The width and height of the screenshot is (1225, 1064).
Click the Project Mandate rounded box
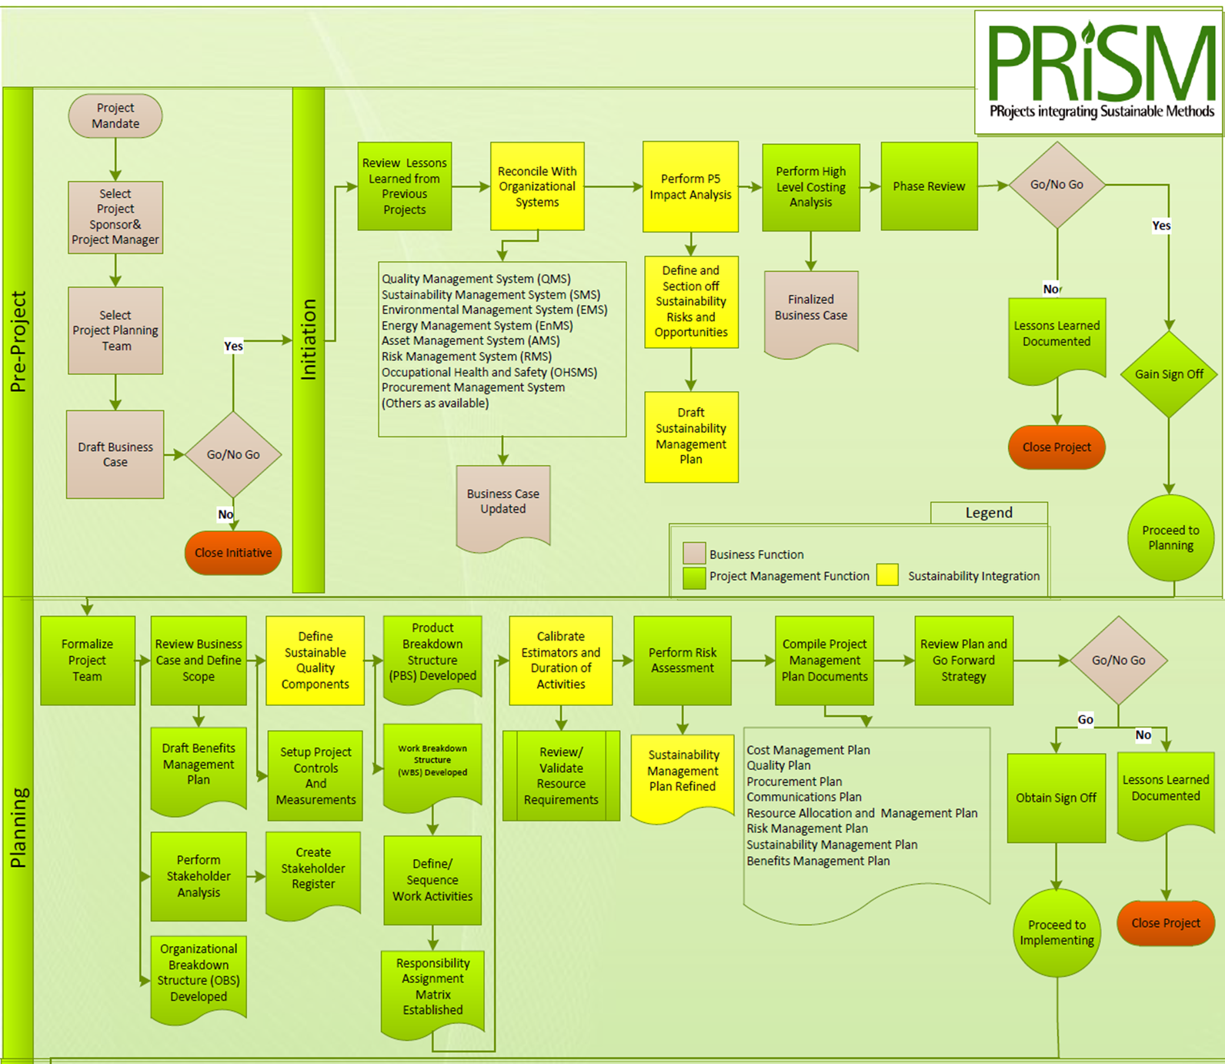(x=115, y=116)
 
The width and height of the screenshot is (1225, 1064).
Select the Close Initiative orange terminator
(x=233, y=553)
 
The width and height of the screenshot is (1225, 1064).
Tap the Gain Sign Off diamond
(x=1169, y=374)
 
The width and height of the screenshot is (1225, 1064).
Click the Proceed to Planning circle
(x=1170, y=537)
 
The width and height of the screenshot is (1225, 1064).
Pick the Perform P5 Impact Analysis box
(x=690, y=187)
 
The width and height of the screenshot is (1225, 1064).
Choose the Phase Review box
(x=929, y=186)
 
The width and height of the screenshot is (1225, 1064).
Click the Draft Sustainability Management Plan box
(x=691, y=437)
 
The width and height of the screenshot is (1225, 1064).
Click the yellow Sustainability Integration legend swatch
(x=887, y=575)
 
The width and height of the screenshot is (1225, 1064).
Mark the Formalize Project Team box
(x=88, y=661)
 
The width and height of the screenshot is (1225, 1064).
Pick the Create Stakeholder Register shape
(x=313, y=870)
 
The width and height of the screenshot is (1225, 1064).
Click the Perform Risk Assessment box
(x=683, y=661)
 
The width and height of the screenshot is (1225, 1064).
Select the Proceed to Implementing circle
(x=1056, y=933)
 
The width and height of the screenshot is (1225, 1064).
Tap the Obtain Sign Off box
(x=1056, y=798)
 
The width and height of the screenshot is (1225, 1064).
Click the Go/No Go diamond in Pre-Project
(x=233, y=455)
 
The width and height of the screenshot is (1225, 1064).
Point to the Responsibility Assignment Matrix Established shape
(x=432, y=987)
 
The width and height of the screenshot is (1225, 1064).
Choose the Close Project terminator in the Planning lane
(x=1165, y=923)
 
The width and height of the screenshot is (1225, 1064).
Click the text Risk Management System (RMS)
(x=466, y=356)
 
